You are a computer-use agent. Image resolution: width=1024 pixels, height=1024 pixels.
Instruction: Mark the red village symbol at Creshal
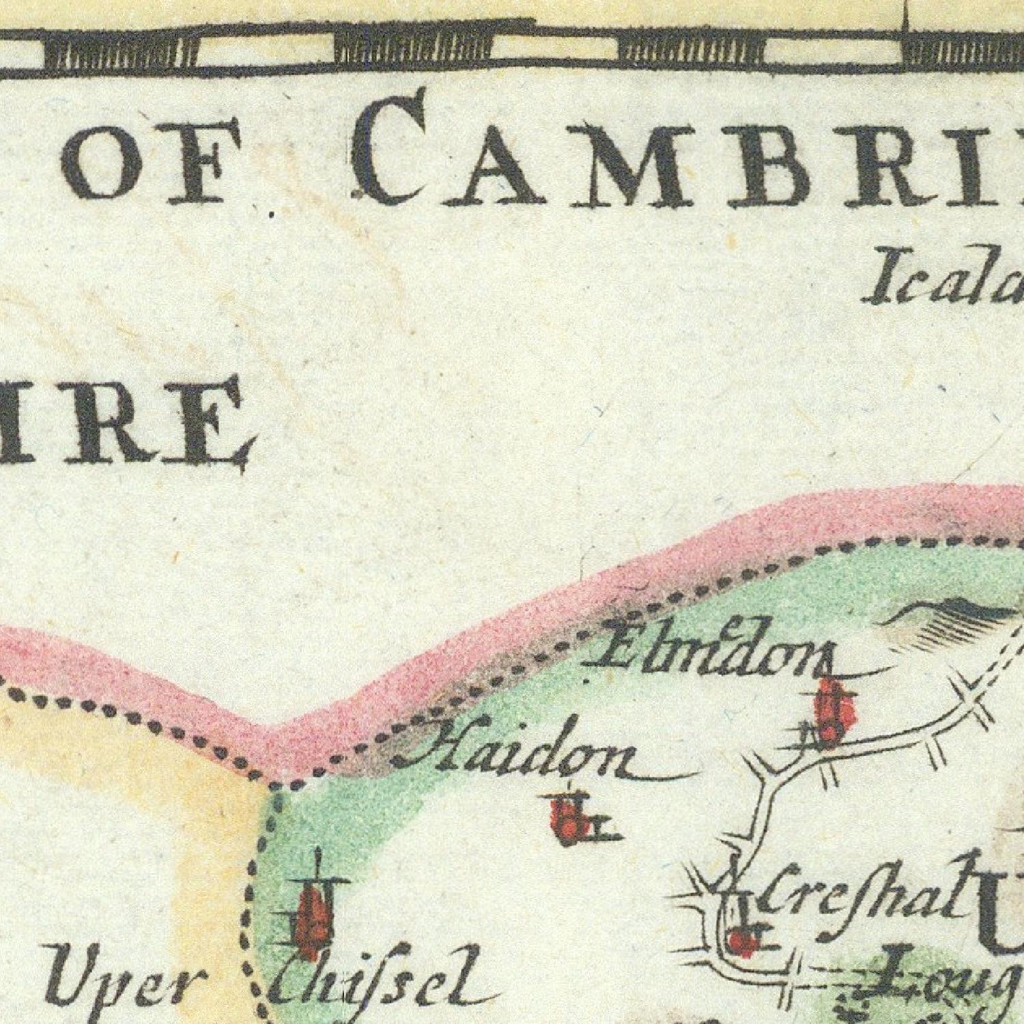[x=741, y=942]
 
